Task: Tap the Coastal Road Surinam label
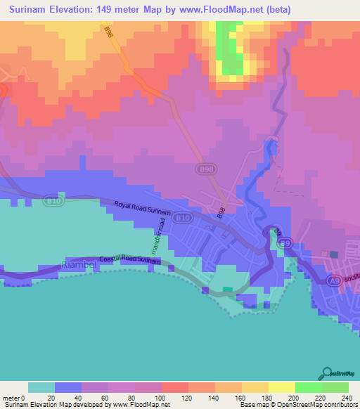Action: click(x=131, y=259)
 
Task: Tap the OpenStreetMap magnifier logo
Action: click(x=328, y=373)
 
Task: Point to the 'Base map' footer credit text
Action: click(x=253, y=405)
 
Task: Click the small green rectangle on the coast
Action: click(x=228, y=290)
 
